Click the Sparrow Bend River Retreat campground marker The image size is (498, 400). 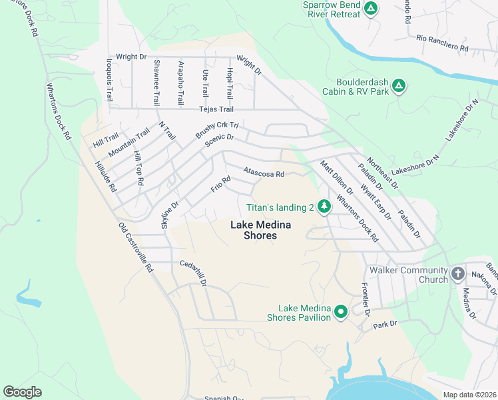371,9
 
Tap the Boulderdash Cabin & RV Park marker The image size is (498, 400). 399,85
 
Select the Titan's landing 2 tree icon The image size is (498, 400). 324,207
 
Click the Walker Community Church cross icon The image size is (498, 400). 457,273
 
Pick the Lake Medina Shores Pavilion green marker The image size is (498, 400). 341,311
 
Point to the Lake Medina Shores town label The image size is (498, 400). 253,230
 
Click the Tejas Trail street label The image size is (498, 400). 216,109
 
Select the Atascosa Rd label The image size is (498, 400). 264,173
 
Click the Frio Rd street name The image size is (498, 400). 220,184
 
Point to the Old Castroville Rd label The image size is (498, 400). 136,247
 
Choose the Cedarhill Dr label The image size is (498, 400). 193,273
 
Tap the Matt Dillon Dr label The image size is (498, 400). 335,178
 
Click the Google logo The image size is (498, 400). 23,392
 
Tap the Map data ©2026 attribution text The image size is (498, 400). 469,395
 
